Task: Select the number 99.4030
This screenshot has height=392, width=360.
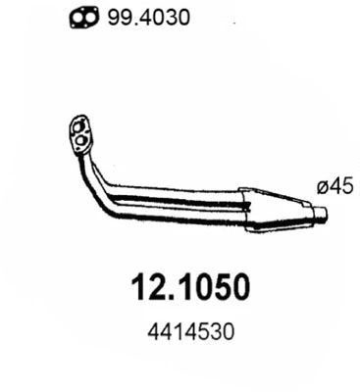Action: [x=134, y=18]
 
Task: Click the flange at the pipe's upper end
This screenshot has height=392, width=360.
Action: [x=79, y=135]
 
